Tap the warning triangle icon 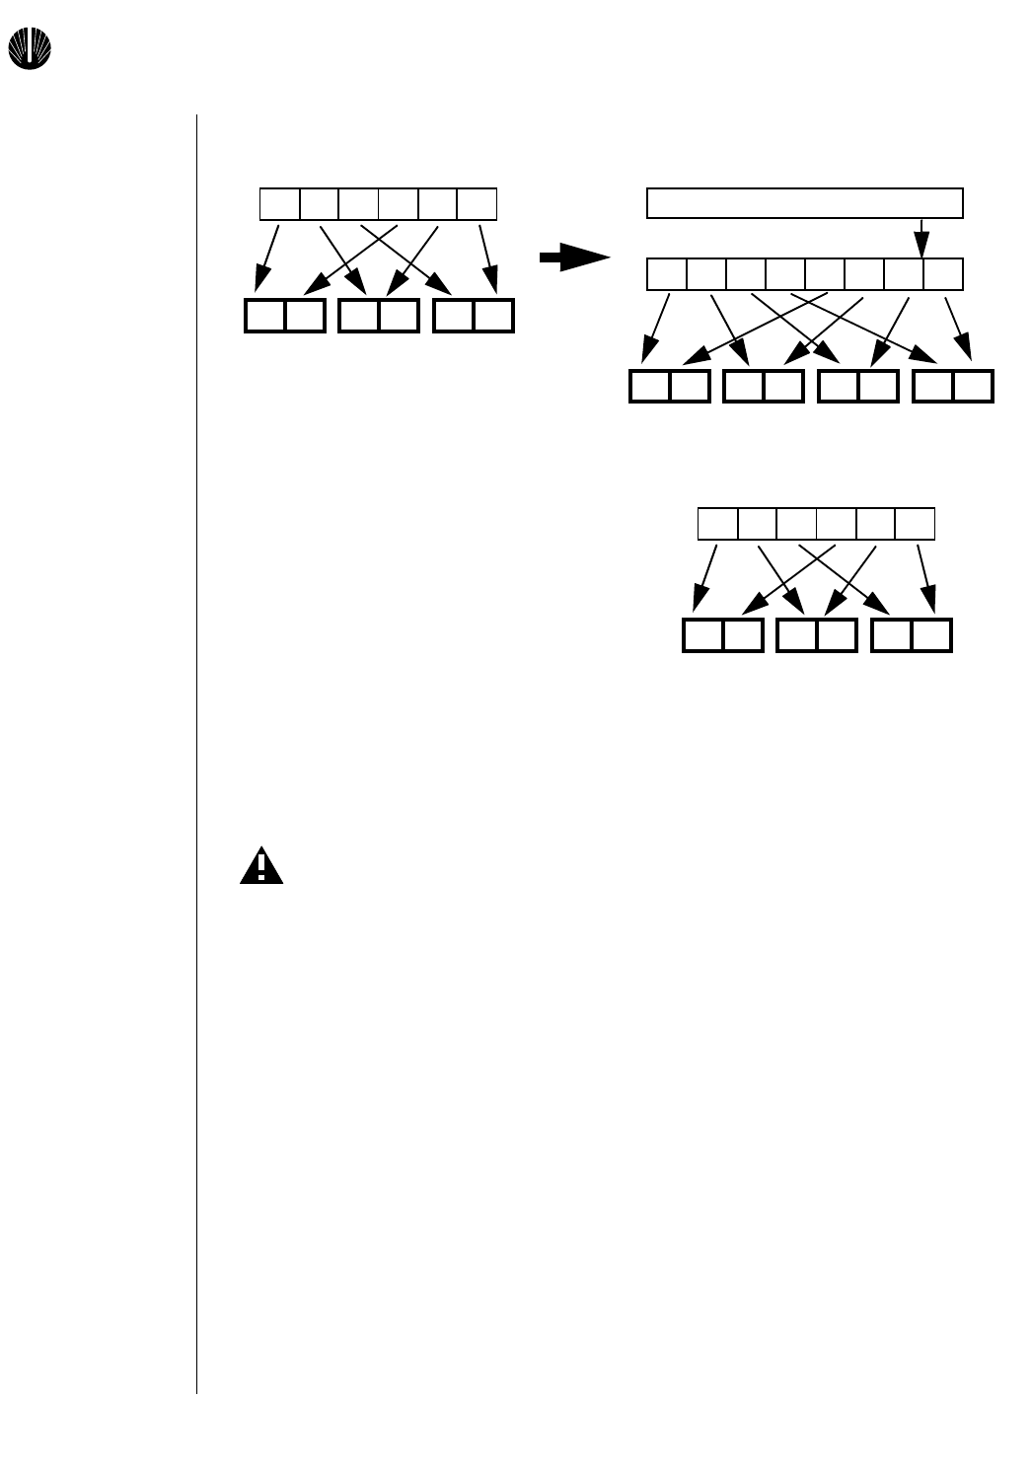261,865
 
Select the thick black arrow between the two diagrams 575,258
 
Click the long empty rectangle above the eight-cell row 804,202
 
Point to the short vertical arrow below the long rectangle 921,238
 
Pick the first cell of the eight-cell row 667,273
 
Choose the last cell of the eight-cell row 943,273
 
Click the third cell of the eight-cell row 746,273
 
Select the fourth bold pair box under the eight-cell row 953,386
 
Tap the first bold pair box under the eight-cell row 670,386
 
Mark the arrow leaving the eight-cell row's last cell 958,328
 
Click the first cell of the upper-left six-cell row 279,204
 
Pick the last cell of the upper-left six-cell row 477,204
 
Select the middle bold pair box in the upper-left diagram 379,316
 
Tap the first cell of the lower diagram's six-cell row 717,524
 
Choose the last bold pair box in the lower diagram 912,635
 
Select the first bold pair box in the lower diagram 723,635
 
